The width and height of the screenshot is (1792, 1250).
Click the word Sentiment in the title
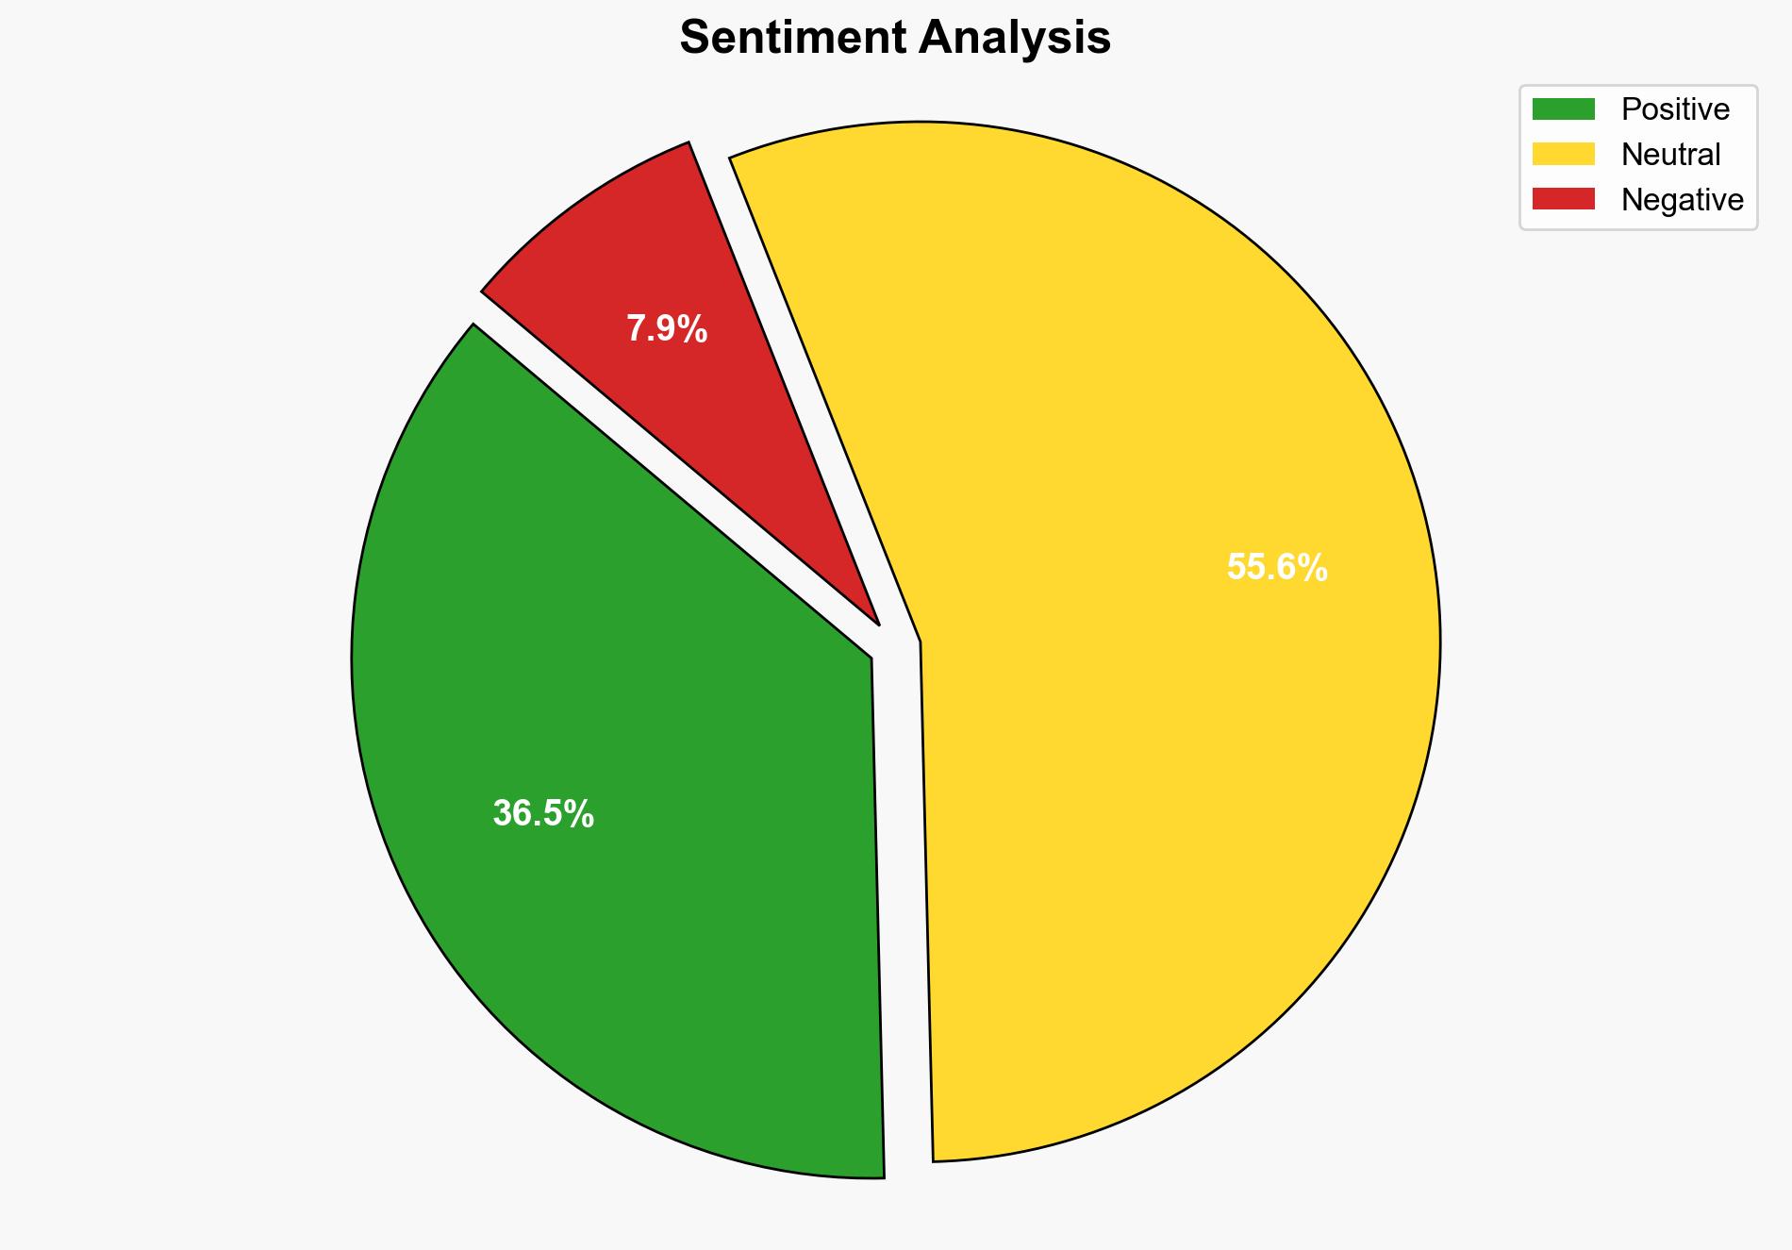coord(792,39)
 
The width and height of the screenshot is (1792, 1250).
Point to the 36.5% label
coord(543,813)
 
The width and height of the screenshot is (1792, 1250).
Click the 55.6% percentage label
coord(1277,567)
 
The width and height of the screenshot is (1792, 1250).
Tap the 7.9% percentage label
coord(667,329)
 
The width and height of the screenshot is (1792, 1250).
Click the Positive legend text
coord(1675,109)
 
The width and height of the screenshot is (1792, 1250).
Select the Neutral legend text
coord(1670,155)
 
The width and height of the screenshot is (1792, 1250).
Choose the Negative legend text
coord(1682,200)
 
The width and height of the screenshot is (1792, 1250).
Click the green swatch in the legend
coord(1563,109)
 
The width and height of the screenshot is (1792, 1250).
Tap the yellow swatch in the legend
coord(1563,154)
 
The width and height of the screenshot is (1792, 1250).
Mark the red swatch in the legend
coord(1563,199)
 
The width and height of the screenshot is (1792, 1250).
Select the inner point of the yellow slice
coord(921,643)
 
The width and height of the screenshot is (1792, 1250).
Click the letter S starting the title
coord(693,39)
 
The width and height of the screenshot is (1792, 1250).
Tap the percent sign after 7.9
coord(693,329)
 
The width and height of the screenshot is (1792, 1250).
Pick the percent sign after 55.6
coord(1312,567)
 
